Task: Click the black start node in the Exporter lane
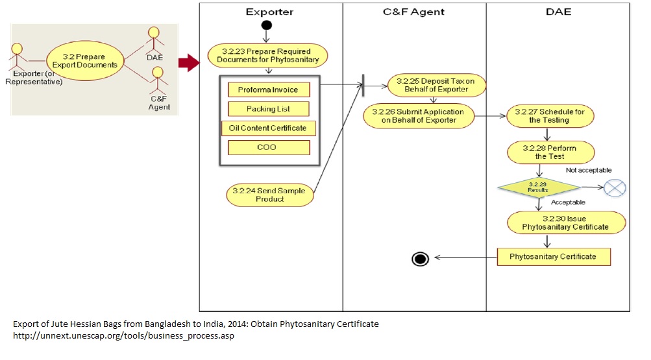(266, 25)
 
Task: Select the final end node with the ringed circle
(421, 258)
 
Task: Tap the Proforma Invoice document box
(268, 90)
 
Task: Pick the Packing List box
(268, 109)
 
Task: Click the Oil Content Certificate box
(268, 128)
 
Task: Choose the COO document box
(268, 147)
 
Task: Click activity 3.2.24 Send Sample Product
(269, 195)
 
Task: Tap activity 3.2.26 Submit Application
(419, 115)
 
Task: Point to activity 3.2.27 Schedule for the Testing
(549, 115)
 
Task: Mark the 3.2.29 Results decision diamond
(538, 187)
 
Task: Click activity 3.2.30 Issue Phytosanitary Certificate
(565, 222)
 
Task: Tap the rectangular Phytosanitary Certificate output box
(554, 257)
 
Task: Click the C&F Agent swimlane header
(414, 12)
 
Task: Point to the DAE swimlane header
(558, 12)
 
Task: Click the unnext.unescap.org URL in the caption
(123, 336)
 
